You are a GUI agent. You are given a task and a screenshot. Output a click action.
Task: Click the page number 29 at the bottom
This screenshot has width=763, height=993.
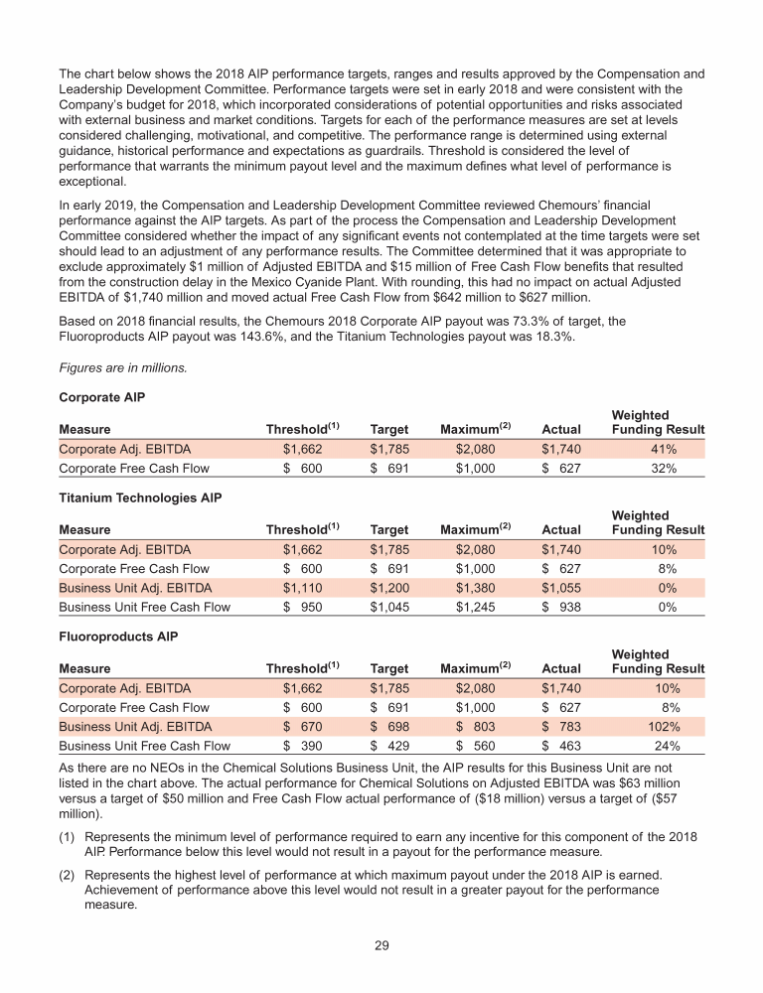tap(381, 944)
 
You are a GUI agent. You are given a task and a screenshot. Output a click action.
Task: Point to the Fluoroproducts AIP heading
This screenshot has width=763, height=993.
tap(117, 636)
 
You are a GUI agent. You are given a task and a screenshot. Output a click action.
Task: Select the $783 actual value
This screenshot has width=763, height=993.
tap(560, 726)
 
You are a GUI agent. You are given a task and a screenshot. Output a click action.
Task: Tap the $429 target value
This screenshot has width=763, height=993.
tap(388, 746)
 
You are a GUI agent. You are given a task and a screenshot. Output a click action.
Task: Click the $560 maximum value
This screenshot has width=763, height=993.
tap(475, 746)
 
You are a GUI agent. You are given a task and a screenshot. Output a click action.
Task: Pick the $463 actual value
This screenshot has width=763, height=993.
tap(560, 746)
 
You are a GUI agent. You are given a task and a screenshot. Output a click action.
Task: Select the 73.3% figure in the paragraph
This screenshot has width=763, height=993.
tap(503, 323)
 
